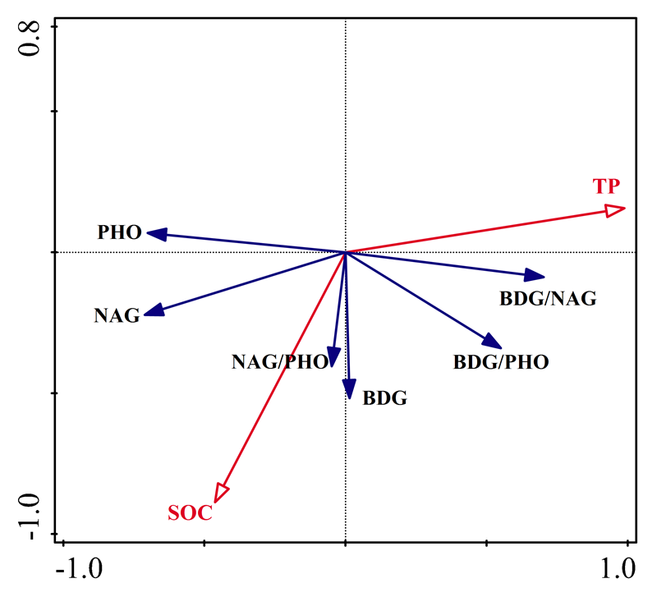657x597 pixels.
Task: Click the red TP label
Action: tap(607, 186)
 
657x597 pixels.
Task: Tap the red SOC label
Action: tap(191, 514)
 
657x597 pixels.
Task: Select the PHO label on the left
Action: tap(119, 232)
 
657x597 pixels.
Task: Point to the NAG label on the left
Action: tap(117, 315)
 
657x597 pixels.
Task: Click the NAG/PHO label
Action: tap(280, 361)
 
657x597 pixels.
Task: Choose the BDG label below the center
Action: tap(385, 398)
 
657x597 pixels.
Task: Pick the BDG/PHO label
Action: tap(501, 361)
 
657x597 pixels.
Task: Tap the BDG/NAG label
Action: tap(548, 298)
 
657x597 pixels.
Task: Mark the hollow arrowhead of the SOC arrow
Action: tap(220, 492)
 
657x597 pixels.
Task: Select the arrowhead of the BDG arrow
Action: tap(349, 390)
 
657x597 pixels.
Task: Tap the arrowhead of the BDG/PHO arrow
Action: tap(492, 342)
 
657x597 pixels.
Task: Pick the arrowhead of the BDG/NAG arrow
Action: tap(535, 276)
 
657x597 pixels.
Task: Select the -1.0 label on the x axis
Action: tap(80, 568)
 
